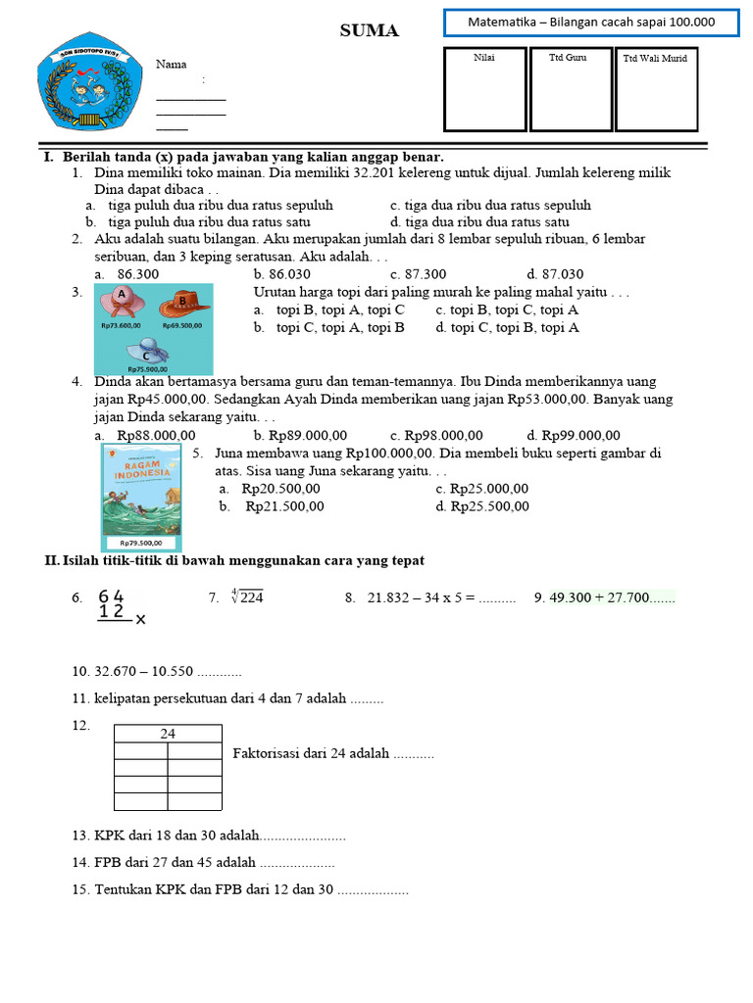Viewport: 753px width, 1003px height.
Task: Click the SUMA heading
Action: click(x=369, y=31)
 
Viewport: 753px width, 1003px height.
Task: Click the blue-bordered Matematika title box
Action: click(x=591, y=23)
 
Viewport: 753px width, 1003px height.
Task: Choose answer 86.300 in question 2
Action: click(x=137, y=274)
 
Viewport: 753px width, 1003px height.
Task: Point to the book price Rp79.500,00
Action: click(x=143, y=543)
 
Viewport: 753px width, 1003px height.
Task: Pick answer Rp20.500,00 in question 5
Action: click(x=280, y=489)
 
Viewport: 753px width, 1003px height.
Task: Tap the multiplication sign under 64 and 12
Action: click(x=140, y=619)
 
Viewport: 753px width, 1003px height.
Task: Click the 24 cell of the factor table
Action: click(x=168, y=734)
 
